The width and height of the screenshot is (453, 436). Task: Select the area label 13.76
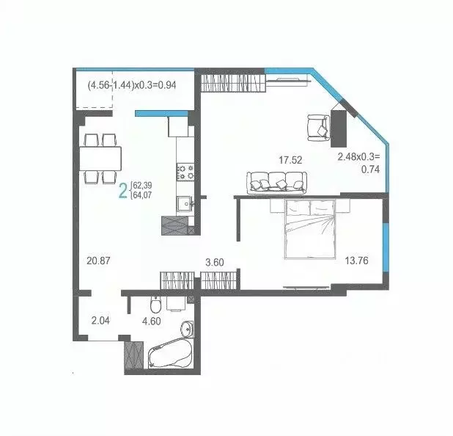[357, 260]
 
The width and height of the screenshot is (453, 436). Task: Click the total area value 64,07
[144, 196]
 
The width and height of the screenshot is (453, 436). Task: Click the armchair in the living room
[317, 126]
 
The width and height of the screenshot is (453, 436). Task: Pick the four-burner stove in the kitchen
[183, 172]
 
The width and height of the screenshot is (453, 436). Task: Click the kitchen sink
[184, 204]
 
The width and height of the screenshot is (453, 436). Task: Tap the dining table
[100, 157]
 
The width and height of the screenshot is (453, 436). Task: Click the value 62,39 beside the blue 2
[144, 186]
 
